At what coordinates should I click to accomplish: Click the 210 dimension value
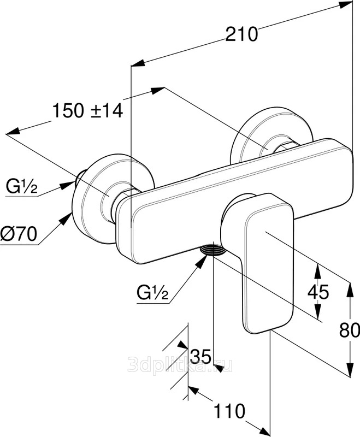(x=241, y=34)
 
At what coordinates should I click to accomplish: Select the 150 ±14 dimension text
(x=87, y=110)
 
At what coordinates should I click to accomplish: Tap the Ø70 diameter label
(x=19, y=234)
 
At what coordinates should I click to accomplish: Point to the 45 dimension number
(x=318, y=292)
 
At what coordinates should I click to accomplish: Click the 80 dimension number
(x=350, y=331)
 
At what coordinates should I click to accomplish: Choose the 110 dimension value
(x=229, y=411)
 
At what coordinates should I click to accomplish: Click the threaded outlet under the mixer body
(x=214, y=249)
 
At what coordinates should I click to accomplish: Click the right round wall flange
(x=272, y=137)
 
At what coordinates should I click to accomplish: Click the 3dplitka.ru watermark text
(x=180, y=365)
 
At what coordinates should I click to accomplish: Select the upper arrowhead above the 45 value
(x=317, y=270)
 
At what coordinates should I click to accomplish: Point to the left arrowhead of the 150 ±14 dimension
(x=13, y=131)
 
